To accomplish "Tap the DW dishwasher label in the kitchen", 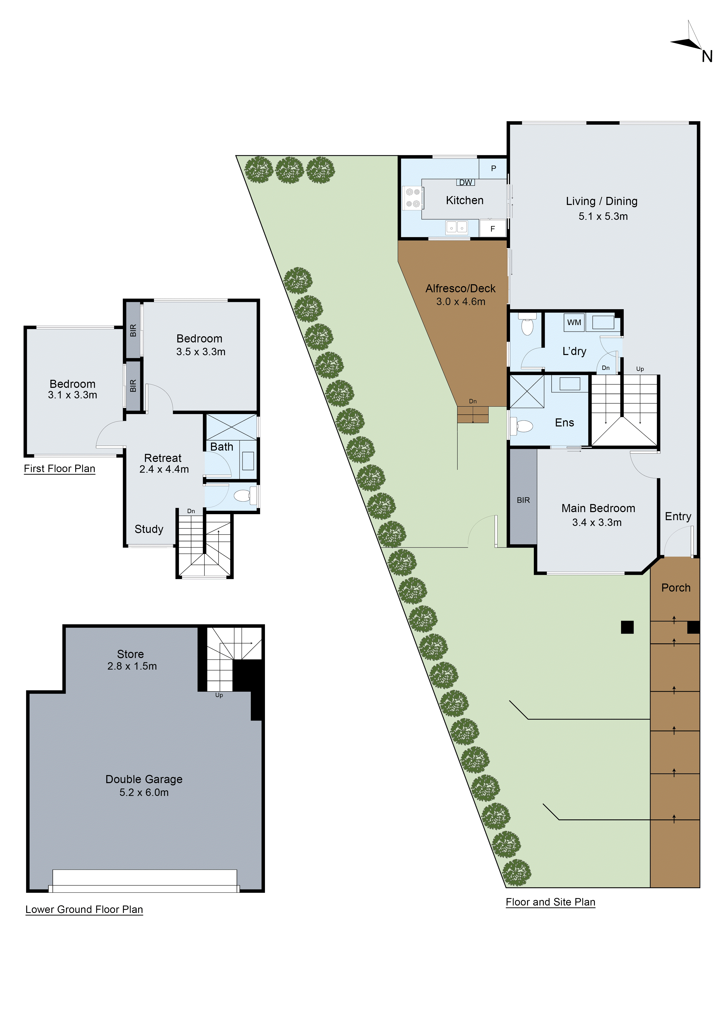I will click(465, 182).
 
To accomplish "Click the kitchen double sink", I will click(456, 228).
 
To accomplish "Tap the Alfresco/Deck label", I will click(460, 289).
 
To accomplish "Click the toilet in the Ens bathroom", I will click(523, 426).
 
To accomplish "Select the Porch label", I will click(675, 588).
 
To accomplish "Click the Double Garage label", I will click(144, 779).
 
